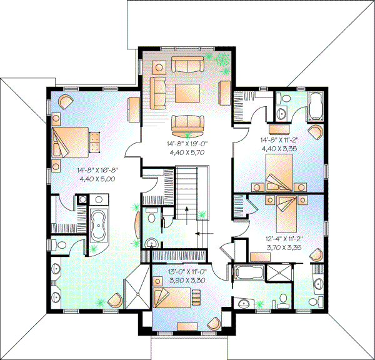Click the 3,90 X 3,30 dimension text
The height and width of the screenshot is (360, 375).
(186, 281)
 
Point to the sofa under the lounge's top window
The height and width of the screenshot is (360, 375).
(187, 65)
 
